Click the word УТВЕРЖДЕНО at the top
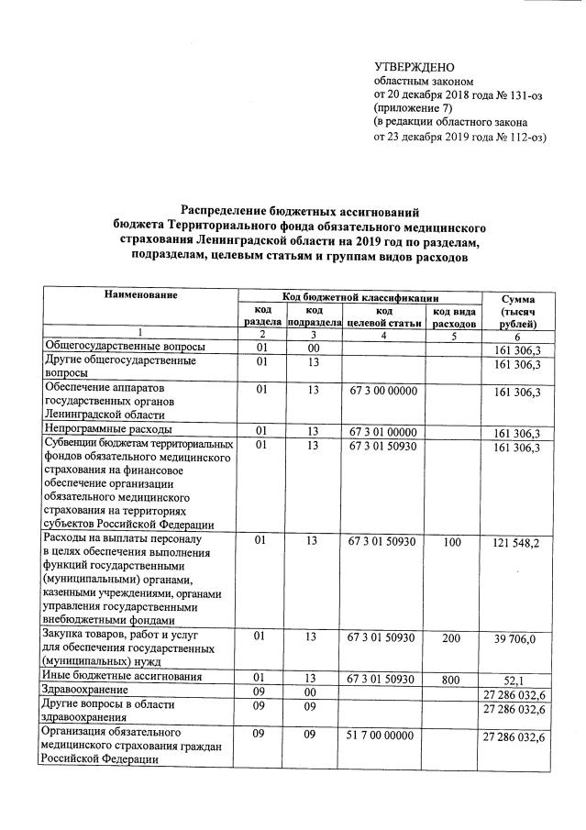[x=415, y=67]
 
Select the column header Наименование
[x=140, y=294]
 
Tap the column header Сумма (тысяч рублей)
[x=519, y=312]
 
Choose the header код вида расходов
[x=454, y=317]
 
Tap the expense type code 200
[x=451, y=636]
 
